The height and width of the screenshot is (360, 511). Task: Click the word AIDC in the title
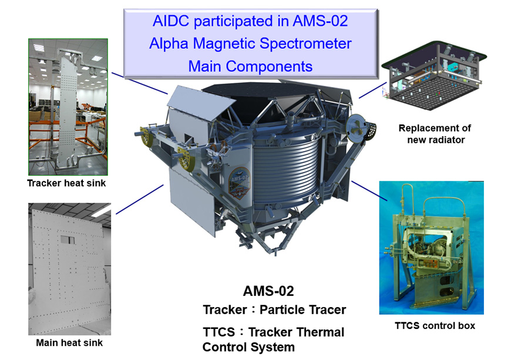click(170, 21)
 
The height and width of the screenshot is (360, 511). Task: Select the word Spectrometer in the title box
click(305, 43)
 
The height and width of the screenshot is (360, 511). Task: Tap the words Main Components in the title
click(250, 66)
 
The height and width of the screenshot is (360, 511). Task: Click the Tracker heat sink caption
click(66, 183)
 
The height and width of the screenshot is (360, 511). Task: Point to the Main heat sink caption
click(69, 343)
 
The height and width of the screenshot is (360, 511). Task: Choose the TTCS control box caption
click(435, 326)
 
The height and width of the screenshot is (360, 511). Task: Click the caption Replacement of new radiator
click(435, 134)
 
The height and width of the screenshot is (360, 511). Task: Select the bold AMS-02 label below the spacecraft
click(268, 291)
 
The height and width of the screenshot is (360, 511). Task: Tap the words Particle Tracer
click(302, 309)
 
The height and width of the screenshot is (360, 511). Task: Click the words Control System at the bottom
click(248, 347)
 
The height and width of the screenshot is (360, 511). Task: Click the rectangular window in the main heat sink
click(68, 240)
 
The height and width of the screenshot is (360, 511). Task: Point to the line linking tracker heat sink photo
click(140, 83)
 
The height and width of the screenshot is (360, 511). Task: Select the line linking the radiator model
click(372, 90)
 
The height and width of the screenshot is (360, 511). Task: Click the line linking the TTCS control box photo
click(369, 191)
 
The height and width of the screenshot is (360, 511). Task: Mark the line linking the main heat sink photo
click(140, 200)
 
